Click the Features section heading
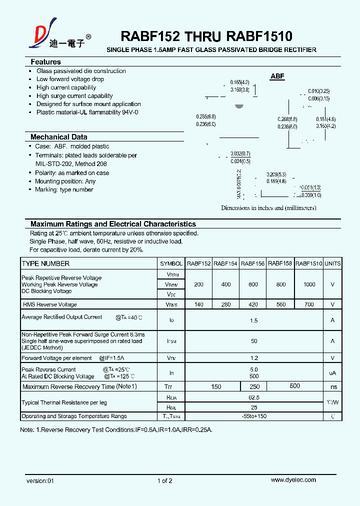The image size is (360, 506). [45, 62]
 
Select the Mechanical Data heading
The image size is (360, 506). [58, 137]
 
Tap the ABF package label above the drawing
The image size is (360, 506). [277, 76]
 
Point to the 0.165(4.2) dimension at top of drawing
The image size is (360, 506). [239, 82]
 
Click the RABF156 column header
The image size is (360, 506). [252, 263]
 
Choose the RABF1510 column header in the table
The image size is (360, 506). [308, 263]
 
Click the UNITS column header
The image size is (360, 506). [332, 263]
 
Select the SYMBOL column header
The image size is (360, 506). [171, 263]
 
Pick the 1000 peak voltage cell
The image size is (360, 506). [309, 284]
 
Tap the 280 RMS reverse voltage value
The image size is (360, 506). [225, 304]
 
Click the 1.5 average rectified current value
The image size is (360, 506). [254, 320]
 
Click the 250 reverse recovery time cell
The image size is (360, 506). [253, 386]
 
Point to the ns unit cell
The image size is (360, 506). [333, 386]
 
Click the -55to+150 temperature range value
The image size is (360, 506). [254, 416]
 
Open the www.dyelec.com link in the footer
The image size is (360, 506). [293, 480]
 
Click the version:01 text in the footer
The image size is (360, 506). [39, 480]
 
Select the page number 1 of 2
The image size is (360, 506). [164, 480]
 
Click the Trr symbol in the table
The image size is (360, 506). [168, 386]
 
